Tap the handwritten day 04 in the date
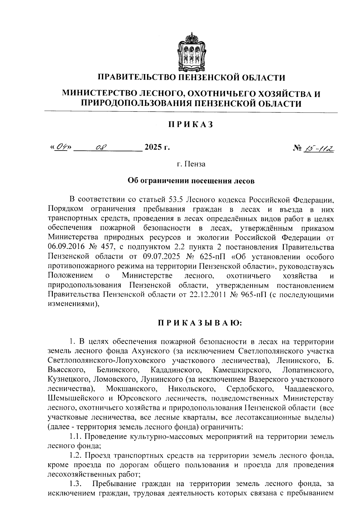click(61, 147)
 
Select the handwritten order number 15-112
click(321, 148)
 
